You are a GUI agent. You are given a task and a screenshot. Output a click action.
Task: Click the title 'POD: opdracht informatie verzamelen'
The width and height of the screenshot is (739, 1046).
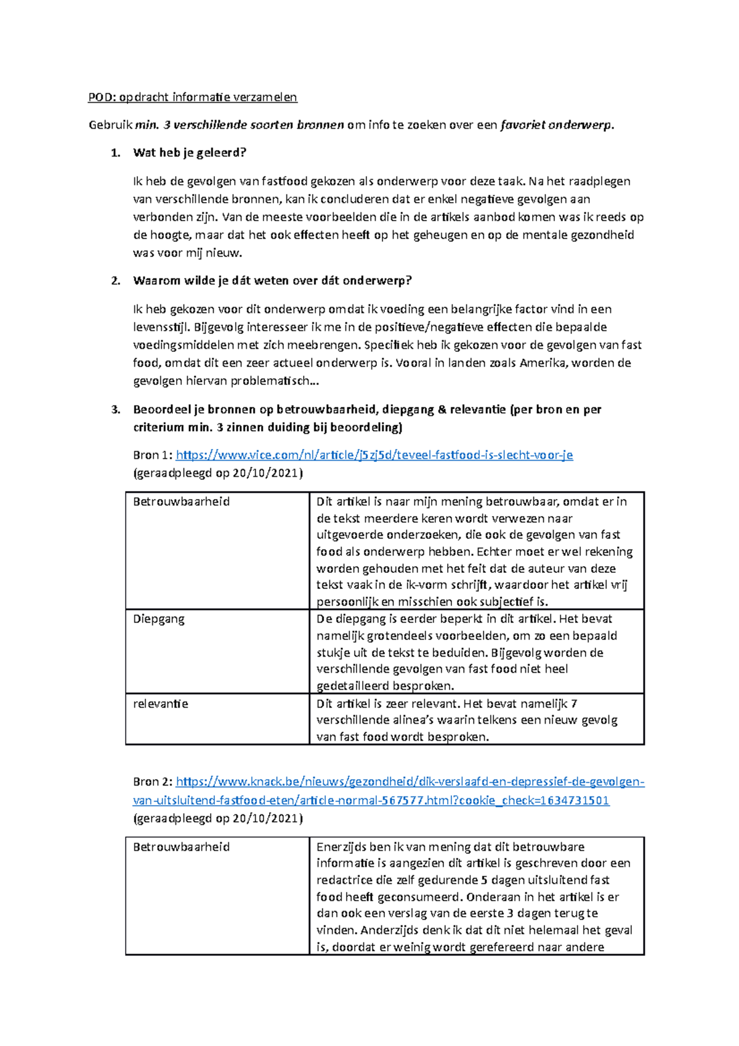(192, 97)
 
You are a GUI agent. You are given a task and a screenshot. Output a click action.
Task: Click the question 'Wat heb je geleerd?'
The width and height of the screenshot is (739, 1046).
(189, 153)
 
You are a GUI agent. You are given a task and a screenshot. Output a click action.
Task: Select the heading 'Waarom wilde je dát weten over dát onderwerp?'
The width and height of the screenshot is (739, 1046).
(272, 280)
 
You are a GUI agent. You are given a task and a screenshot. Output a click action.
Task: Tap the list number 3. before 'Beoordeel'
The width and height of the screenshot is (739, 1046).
(115, 410)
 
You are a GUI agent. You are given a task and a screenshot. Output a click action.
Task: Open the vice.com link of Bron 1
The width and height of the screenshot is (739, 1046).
(374, 455)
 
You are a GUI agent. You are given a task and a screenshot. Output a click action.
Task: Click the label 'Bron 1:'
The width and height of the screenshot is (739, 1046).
(153, 455)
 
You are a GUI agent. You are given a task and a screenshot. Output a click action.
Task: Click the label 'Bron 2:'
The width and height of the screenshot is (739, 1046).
(153, 782)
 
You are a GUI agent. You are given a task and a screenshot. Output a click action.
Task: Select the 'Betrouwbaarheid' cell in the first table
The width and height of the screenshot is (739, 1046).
(181, 501)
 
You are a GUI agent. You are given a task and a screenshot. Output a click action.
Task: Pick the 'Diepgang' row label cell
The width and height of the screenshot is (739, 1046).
(159, 619)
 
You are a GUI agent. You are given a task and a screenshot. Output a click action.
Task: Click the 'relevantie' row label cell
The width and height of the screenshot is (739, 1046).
(160, 703)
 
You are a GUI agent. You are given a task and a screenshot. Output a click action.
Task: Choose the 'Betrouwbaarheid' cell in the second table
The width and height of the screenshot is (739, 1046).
(181, 847)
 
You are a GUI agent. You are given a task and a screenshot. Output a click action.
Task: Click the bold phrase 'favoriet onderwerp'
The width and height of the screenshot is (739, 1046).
(556, 125)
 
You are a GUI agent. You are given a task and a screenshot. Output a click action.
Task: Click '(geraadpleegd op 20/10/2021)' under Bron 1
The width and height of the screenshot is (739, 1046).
(218, 473)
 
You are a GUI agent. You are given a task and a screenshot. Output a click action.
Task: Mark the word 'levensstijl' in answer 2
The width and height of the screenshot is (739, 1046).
(162, 327)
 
